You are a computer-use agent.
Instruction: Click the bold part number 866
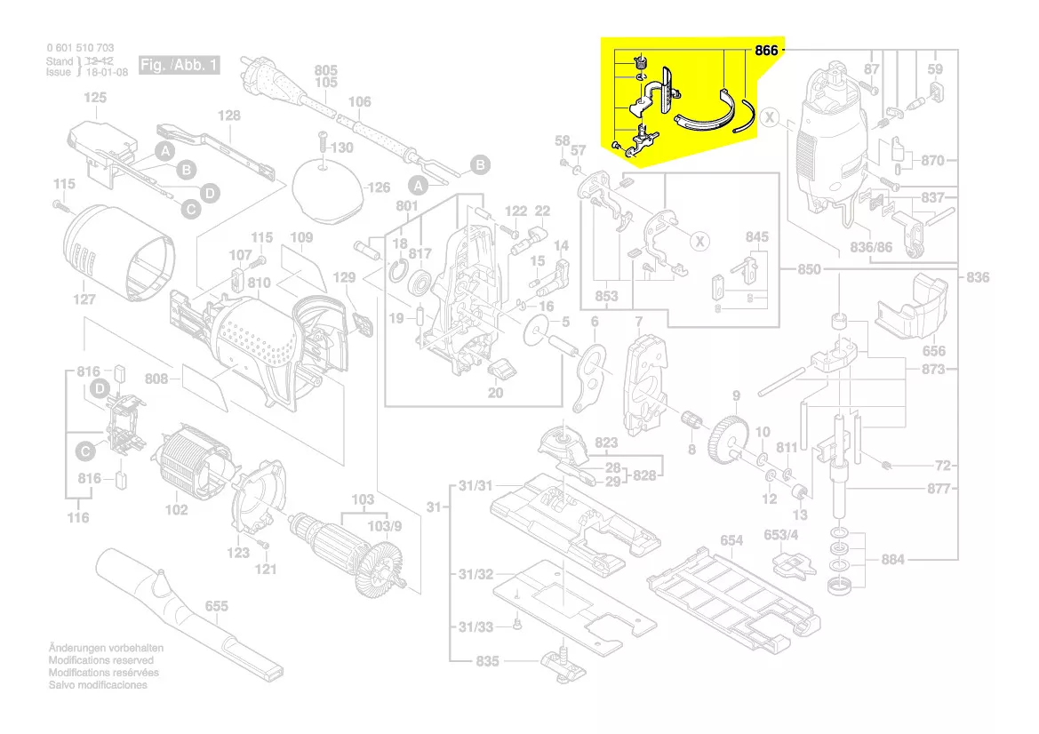[x=766, y=51]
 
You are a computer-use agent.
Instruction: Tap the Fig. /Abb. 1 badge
[x=179, y=66]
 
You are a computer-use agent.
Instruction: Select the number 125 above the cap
[x=95, y=98]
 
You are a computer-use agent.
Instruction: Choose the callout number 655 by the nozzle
[x=216, y=606]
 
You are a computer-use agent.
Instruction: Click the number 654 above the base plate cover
[x=731, y=540]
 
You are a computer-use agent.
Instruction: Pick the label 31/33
[x=476, y=627]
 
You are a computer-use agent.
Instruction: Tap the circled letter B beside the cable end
[x=479, y=165]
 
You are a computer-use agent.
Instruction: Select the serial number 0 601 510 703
[x=80, y=48]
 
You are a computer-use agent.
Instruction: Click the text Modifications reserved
[x=100, y=660]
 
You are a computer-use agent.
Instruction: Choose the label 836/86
[x=871, y=247]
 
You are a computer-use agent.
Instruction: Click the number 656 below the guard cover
[x=933, y=351]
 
